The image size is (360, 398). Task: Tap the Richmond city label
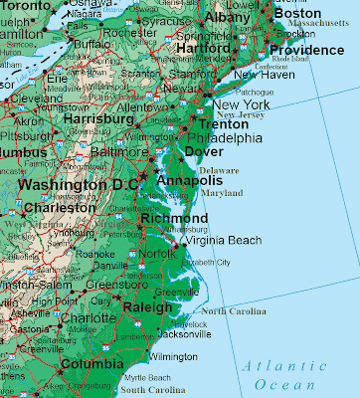pos(174,219)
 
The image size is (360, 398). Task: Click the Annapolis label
pos(190,180)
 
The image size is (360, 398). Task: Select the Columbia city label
pos(90,364)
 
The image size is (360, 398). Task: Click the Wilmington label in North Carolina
pos(173,356)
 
